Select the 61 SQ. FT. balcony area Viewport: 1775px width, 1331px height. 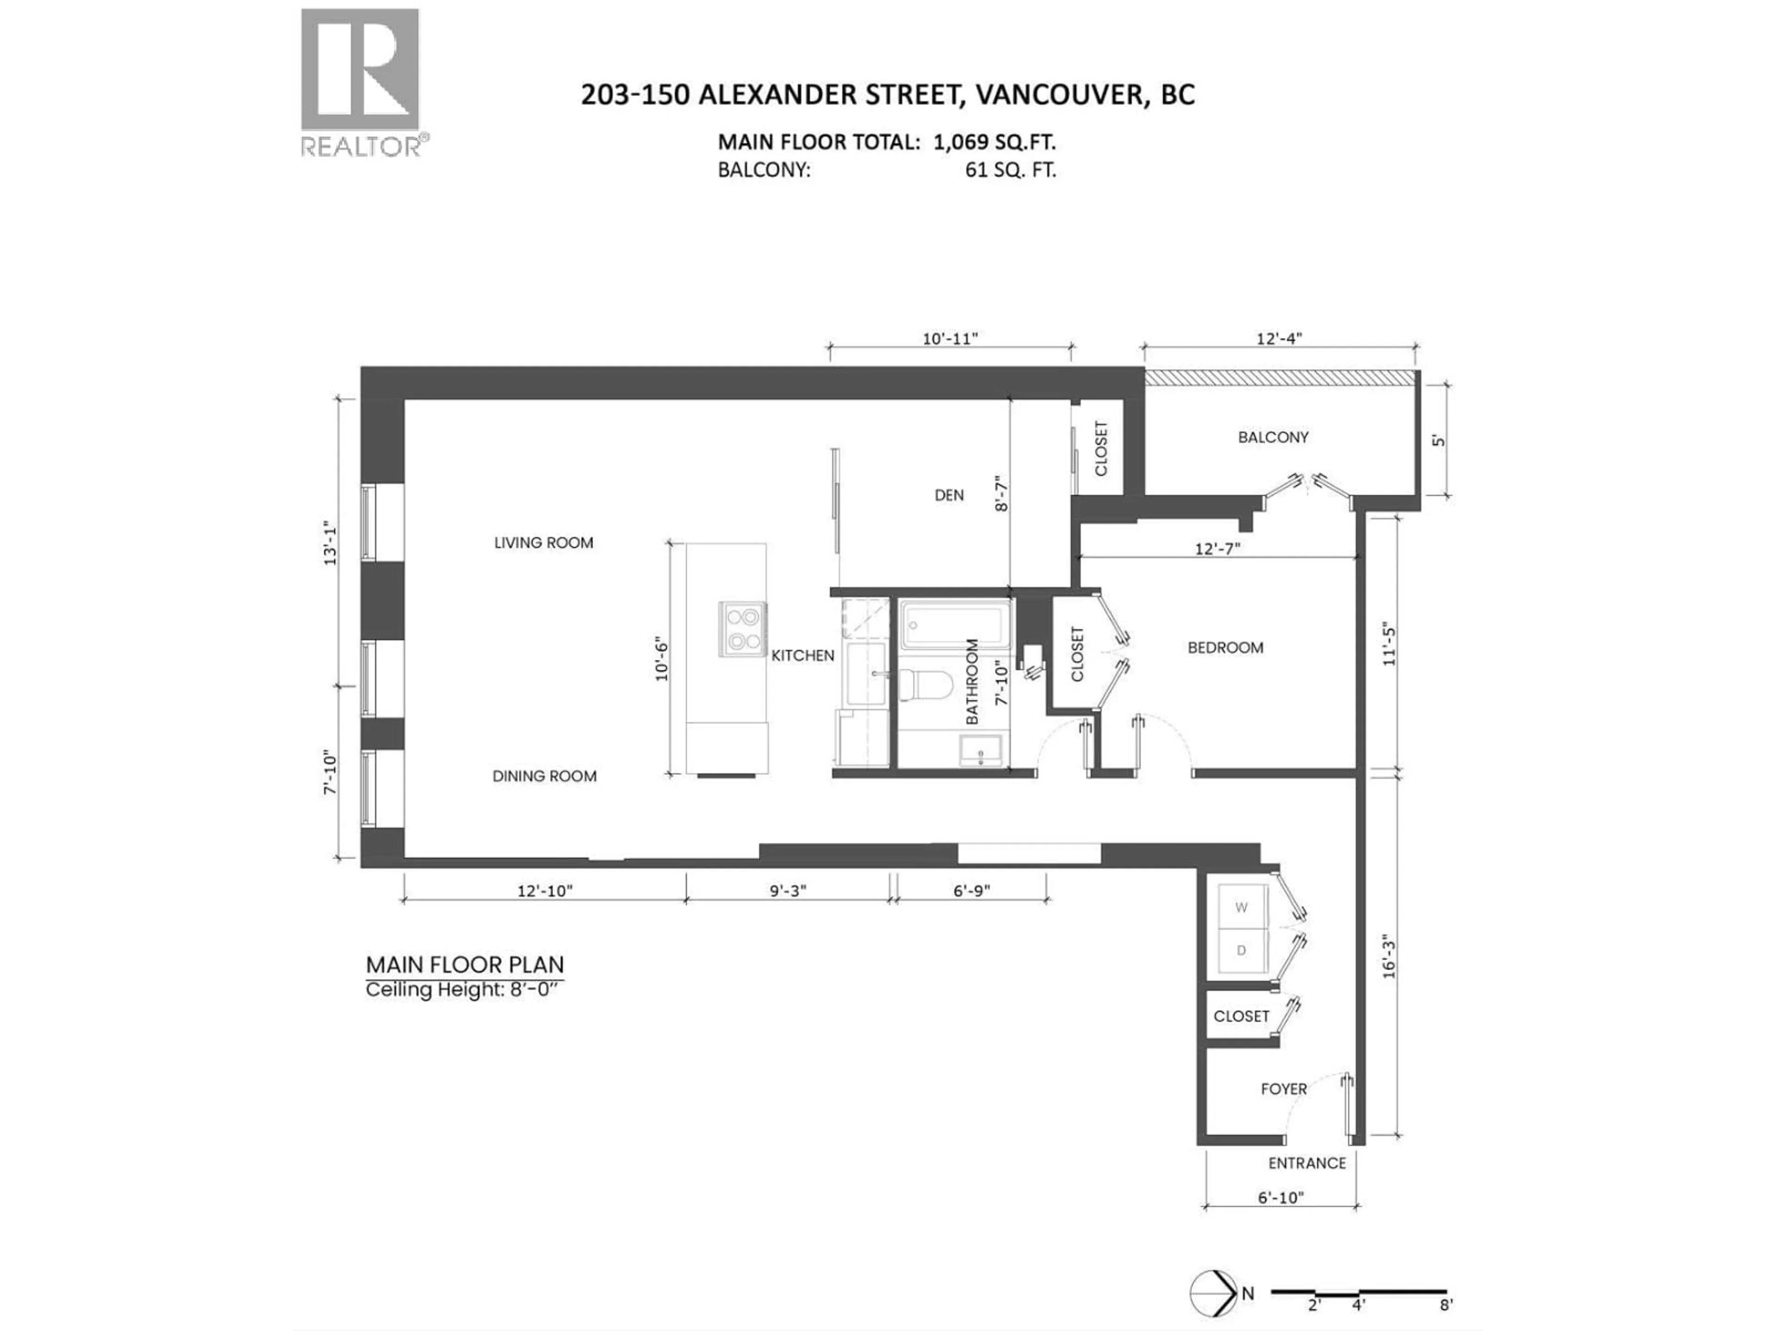click(x=1010, y=170)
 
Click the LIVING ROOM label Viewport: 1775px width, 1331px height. click(x=543, y=543)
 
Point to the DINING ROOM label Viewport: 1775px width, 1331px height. click(x=544, y=776)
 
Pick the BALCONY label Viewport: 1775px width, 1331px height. click(x=1273, y=437)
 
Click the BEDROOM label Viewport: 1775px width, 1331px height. click(x=1225, y=647)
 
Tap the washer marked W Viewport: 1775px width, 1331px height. click(x=1242, y=907)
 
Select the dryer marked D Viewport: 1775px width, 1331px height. click(x=1242, y=951)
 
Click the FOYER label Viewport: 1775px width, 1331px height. click(x=1283, y=1089)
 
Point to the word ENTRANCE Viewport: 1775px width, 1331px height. click(x=1306, y=1162)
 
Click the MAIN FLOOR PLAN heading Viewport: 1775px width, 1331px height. click(x=465, y=965)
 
